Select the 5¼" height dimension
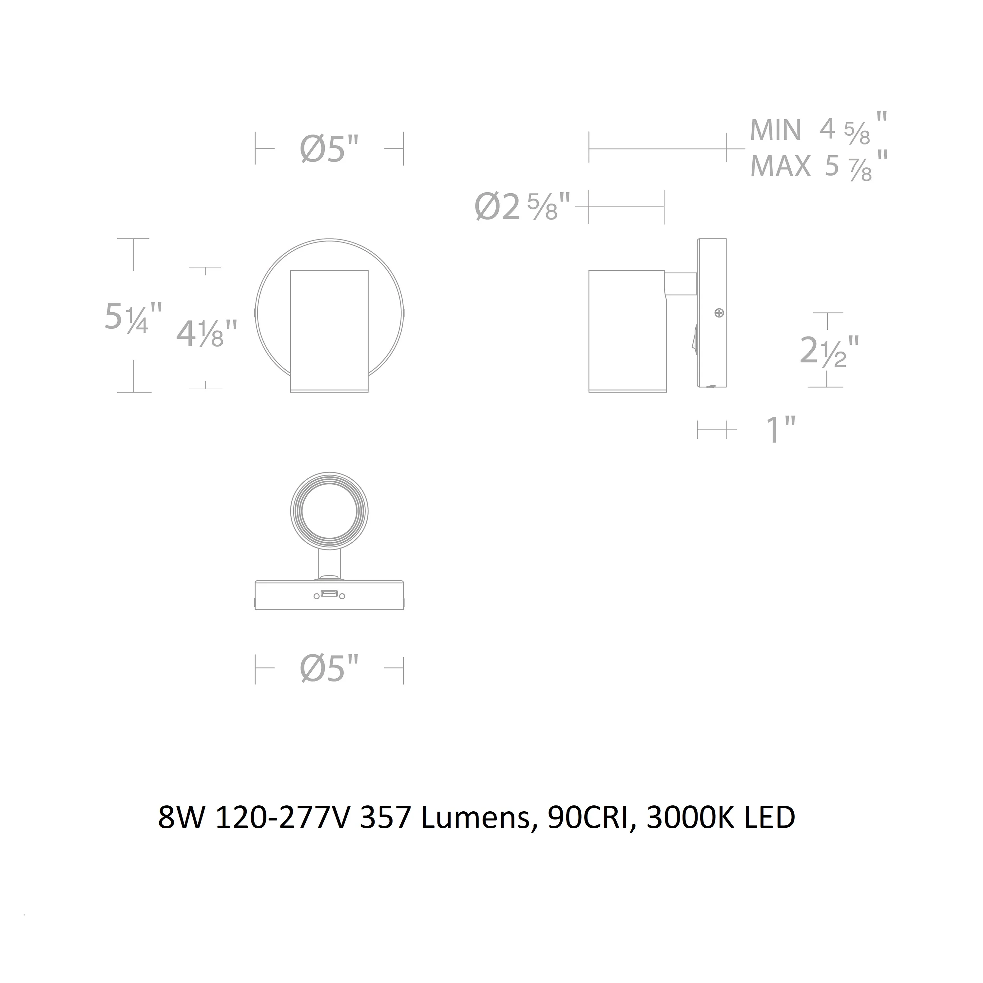(133, 317)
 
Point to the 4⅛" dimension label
(206, 333)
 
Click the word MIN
(775, 130)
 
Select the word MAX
(781, 166)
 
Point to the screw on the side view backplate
(719, 313)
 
